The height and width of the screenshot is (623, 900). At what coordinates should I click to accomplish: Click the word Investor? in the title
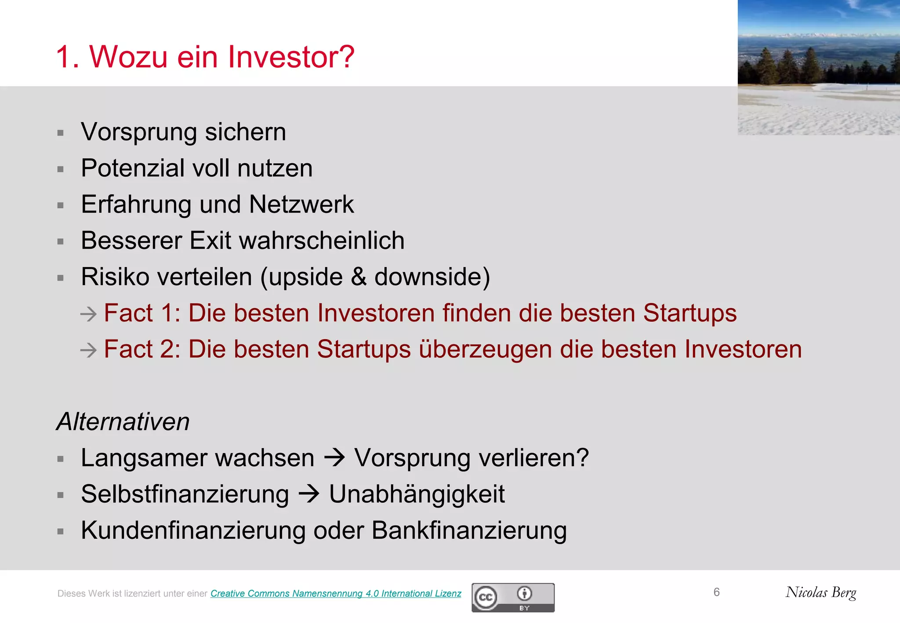(x=290, y=57)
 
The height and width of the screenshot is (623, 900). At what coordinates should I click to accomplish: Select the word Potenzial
(x=133, y=168)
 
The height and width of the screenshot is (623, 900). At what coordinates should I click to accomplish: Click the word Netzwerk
(x=301, y=205)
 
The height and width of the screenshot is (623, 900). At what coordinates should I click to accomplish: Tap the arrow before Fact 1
(x=88, y=314)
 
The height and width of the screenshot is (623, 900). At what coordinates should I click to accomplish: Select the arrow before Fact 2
(x=88, y=350)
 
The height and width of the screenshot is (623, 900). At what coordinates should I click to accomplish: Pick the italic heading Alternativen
(x=123, y=422)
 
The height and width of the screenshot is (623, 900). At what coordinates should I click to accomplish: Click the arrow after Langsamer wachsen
(x=334, y=458)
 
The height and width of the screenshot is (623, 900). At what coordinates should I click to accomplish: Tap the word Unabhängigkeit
(x=417, y=494)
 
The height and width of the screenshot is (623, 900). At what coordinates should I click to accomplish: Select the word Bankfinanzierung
(x=469, y=530)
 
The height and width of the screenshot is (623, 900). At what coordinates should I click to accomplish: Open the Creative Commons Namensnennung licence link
(x=336, y=594)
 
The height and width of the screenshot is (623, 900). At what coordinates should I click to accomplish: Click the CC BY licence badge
(x=513, y=598)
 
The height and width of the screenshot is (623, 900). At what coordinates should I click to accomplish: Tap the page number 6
(x=716, y=592)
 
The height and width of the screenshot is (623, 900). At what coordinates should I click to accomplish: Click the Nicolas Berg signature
(x=821, y=593)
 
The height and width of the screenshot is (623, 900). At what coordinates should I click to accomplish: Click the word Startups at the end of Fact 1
(x=690, y=313)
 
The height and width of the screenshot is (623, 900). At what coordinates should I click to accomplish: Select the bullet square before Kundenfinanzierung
(x=61, y=532)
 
